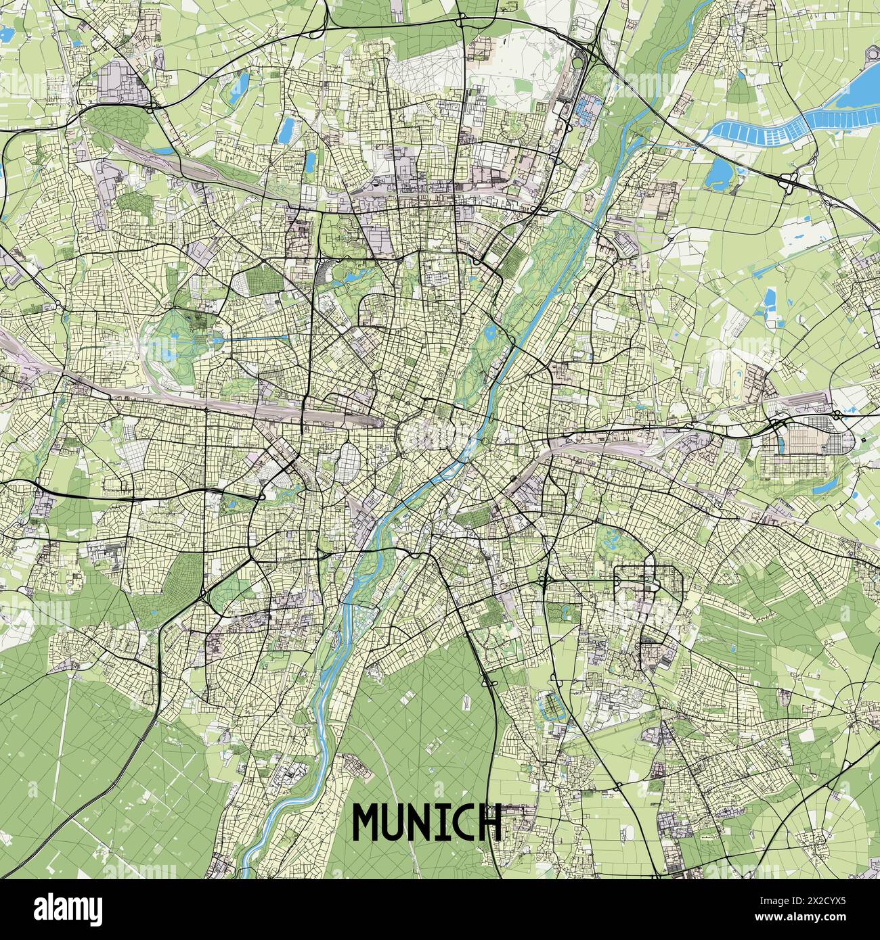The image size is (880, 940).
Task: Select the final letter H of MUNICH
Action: click(488, 822)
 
